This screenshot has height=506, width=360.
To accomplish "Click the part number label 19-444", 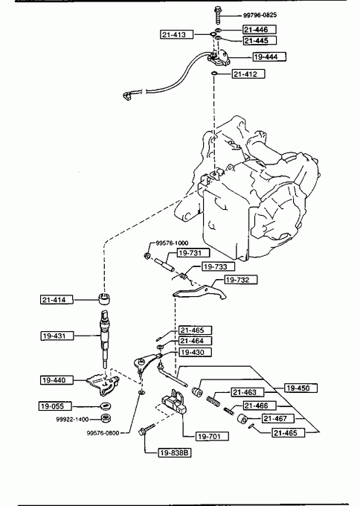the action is coord(269,57).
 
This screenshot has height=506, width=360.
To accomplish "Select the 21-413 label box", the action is coord(177,34).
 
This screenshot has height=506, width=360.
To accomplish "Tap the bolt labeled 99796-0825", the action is coord(216,15).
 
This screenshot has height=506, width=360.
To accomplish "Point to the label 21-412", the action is coord(248,74).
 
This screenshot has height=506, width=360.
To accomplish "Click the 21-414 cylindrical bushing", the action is coord(104,299).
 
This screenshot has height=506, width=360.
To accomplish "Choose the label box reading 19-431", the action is coord(57,336).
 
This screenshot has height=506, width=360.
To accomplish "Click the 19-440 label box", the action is coord(57,380).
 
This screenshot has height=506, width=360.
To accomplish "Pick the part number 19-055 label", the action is coord(55,406).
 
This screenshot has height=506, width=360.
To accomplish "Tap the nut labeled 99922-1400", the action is coord(105,418).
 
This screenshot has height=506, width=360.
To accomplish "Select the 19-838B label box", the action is coord(174,452).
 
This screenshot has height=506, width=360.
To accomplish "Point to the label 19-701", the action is coord(212,436).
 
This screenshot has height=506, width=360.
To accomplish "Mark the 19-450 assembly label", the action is coord(300,388).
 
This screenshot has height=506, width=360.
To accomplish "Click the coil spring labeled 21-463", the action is coord(213,400).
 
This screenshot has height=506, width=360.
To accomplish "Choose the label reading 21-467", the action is coord(278,418).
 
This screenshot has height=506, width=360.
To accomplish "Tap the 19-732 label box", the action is coord(241,280).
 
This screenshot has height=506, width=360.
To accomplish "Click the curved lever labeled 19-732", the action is coord(199,292).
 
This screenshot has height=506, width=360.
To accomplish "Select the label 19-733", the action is coord(219,266).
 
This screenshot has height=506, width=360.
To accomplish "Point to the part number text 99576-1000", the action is coord(172,243).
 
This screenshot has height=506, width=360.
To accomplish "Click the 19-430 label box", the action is coord(195,352).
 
